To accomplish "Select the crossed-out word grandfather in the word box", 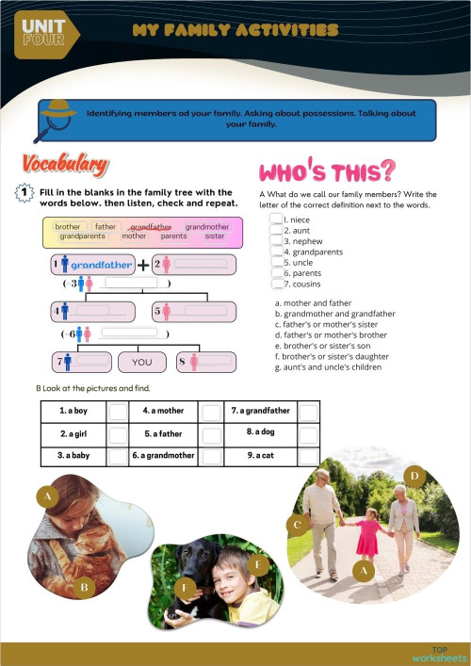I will click(151, 227).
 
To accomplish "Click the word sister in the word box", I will click(215, 236).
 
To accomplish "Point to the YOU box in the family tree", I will click(141, 362).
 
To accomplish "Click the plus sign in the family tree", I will click(142, 265).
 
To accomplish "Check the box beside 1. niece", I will click(275, 219).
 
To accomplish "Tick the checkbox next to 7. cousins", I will click(275, 283).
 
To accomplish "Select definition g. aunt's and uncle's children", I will click(327, 366).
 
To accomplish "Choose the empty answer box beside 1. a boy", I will click(117, 412).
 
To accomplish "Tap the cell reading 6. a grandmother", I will click(163, 456).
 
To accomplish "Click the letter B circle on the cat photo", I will click(83, 589).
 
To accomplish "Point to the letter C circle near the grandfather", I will click(298, 524).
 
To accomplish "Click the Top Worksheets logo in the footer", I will click(438, 654).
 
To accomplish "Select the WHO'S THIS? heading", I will click(326, 171).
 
